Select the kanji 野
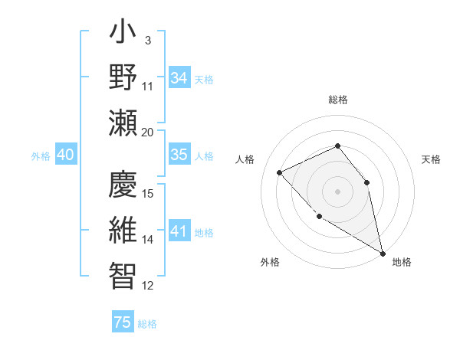pos(123,77)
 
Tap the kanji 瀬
pos(123,123)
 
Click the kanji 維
pos(123,231)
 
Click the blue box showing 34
pos(179,78)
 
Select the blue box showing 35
pos(179,155)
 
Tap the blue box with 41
pos(179,231)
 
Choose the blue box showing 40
pos(65,155)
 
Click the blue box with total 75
pos(123,322)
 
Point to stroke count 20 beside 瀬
pos(148,132)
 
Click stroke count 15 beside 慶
pos(148,193)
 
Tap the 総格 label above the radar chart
pos(338,100)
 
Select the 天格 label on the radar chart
pos(431,159)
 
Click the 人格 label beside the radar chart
pos(245,159)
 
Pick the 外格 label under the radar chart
pos(270,262)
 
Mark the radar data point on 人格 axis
pos(280,172)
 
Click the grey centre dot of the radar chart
pos(337,191)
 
